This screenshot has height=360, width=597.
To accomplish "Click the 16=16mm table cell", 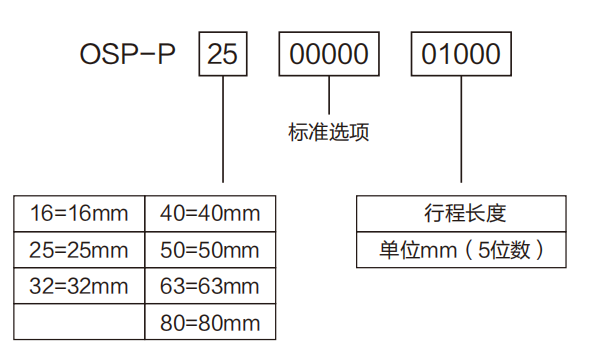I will [x=80, y=212].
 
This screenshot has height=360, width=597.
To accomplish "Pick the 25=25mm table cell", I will [x=80, y=249].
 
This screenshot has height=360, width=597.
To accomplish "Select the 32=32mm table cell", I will [x=80, y=286].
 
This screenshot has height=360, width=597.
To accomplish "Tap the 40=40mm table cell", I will [x=210, y=212].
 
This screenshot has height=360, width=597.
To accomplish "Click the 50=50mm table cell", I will [x=210, y=249].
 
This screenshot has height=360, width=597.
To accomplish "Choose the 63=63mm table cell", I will [x=210, y=286].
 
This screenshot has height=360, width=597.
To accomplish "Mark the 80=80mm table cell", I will [x=210, y=322].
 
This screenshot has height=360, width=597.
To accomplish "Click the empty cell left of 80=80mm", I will [x=80, y=322].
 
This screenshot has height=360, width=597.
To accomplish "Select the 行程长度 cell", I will [x=460, y=212].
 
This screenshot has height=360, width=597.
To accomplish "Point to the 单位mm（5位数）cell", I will [x=460, y=249].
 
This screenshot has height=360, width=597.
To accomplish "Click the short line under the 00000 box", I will [x=329, y=94].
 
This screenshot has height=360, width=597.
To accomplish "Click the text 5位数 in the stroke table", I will [x=514, y=249].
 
